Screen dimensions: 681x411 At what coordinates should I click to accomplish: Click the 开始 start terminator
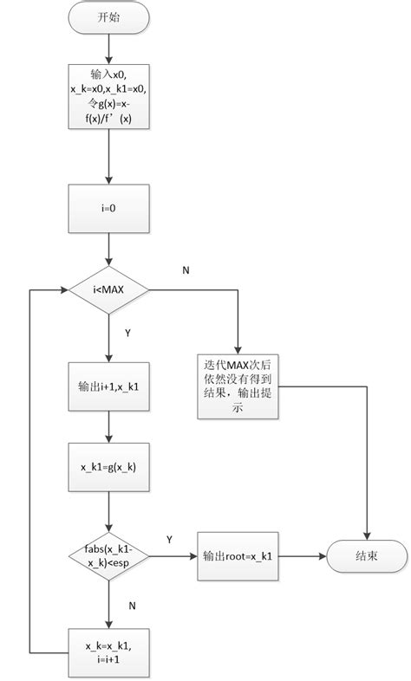108,17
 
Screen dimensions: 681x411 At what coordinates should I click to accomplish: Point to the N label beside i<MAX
185,269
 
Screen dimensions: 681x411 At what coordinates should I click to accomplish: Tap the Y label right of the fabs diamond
169,539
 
